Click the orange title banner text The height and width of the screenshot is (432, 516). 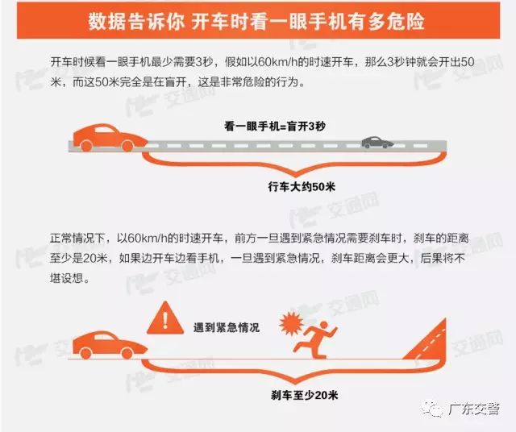[x=256, y=22]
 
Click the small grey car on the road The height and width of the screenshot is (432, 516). [x=377, y=143]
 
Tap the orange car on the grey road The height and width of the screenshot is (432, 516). [x=110, y=138]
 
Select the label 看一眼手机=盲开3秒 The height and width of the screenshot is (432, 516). [x=275, y=126]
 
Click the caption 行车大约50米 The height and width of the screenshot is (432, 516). [x=302, y=186]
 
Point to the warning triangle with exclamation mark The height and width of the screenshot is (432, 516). [x=164, y=318]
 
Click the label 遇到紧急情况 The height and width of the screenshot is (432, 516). [x=226, y=327]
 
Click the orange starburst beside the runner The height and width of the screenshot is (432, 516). [x=291, y=323]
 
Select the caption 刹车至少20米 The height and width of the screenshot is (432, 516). [x=305, y=395]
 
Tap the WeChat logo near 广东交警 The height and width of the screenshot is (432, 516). [x=433, y=409]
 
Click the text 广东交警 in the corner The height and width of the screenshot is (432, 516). [x=473, y=409]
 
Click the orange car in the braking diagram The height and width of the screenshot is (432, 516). [x=110, y=345]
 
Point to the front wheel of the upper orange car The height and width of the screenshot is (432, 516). [x=127, y=146]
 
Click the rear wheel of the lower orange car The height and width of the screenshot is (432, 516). [x=85, y=353]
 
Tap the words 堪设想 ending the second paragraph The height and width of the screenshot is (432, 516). [x=66, y=278]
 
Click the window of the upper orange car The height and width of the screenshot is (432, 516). [x=104, y=129]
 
